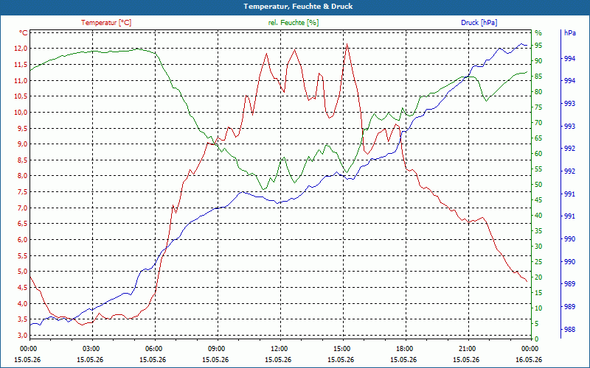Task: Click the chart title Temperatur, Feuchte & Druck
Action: click(x=298, y=7)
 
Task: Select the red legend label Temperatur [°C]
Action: click(x=106, y=23)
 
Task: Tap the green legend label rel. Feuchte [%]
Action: click(x=294, y=23)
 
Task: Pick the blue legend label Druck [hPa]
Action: click(x=479, y=23)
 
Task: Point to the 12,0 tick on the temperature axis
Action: click(x=21, y=49)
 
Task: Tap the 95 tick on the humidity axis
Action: click(x=538, y=46)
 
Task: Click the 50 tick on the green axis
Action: click(x=538, y=185)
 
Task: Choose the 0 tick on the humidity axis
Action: click(x=537, y=339)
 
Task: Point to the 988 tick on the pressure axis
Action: click(x=570, y=330)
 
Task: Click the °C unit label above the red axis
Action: click(x=24, y=33)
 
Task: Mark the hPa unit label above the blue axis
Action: click(x=570, y=33)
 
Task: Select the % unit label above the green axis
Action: click(x=538, y=33)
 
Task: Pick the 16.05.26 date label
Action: click(x=529, y=359)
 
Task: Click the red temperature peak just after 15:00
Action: click(x=347, y=44)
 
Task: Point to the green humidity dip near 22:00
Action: click(x=487, y=101)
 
